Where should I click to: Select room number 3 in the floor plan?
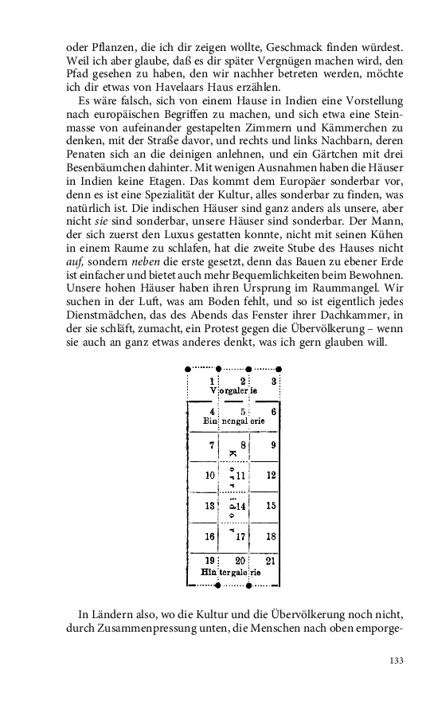tap(273, 382)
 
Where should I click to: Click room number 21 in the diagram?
tap(272, 561)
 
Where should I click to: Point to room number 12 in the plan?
tap(272, 476)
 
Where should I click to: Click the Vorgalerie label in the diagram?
tap(233, 391)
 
